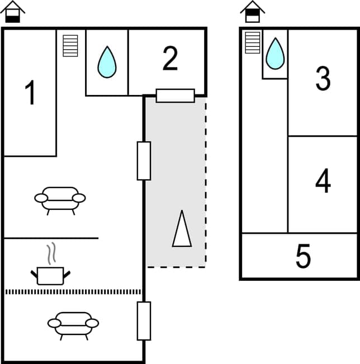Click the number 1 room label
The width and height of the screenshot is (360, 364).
(31, 93)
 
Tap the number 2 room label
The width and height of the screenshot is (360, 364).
(170, 59)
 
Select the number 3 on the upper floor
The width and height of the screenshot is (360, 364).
(323, 79)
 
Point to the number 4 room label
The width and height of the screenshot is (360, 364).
(323, 181)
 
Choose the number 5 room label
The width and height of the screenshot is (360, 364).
(303, 256)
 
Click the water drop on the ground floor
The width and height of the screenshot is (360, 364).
(107, 61)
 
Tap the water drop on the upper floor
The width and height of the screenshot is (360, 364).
(274, 53)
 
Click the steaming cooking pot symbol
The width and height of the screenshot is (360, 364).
(50, 274)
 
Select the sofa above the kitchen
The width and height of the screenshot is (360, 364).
(60, 199)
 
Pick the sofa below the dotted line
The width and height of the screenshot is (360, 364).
(73, 324)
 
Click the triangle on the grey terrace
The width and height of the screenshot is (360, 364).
(182, 228)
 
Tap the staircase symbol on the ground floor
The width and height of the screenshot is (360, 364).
(70, 46)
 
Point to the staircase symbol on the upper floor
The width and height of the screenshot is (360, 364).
(253, 42)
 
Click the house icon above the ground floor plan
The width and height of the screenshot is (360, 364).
(12, 12)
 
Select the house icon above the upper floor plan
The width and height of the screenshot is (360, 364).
(253, 12)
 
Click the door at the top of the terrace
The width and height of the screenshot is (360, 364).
(175, 95)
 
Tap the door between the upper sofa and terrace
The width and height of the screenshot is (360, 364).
(144, 161)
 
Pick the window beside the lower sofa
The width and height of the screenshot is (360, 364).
(144, 320)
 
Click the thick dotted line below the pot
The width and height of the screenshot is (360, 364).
(73, 291)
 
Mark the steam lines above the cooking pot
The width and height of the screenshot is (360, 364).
(51, 253)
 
